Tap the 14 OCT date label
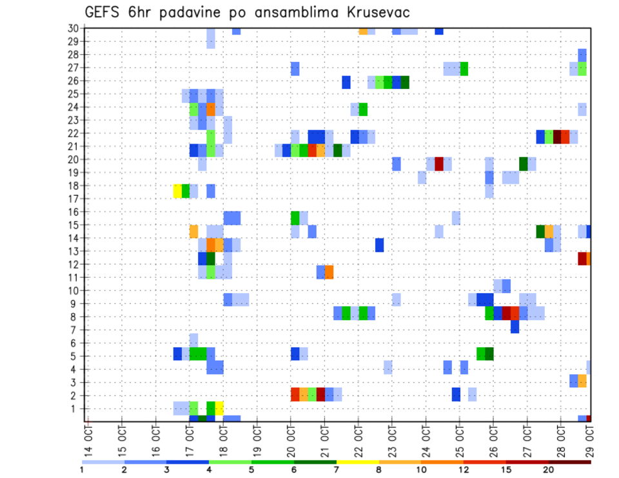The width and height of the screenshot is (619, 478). (x=88, y=440)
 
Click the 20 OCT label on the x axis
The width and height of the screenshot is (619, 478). (x=291, y=440)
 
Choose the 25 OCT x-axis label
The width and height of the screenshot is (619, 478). (x=460, y=440)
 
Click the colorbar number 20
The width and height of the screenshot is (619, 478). (x=549, y=470)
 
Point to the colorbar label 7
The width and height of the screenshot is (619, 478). (x=336, y=470)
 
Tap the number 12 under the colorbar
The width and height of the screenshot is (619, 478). (x=464, y=470)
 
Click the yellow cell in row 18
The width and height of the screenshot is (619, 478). (x=177, y=191)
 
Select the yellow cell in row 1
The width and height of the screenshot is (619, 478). (x=219, y=408)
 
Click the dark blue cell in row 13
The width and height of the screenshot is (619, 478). (x=379, y=245)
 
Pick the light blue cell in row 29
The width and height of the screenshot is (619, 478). (x=211, y=42)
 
